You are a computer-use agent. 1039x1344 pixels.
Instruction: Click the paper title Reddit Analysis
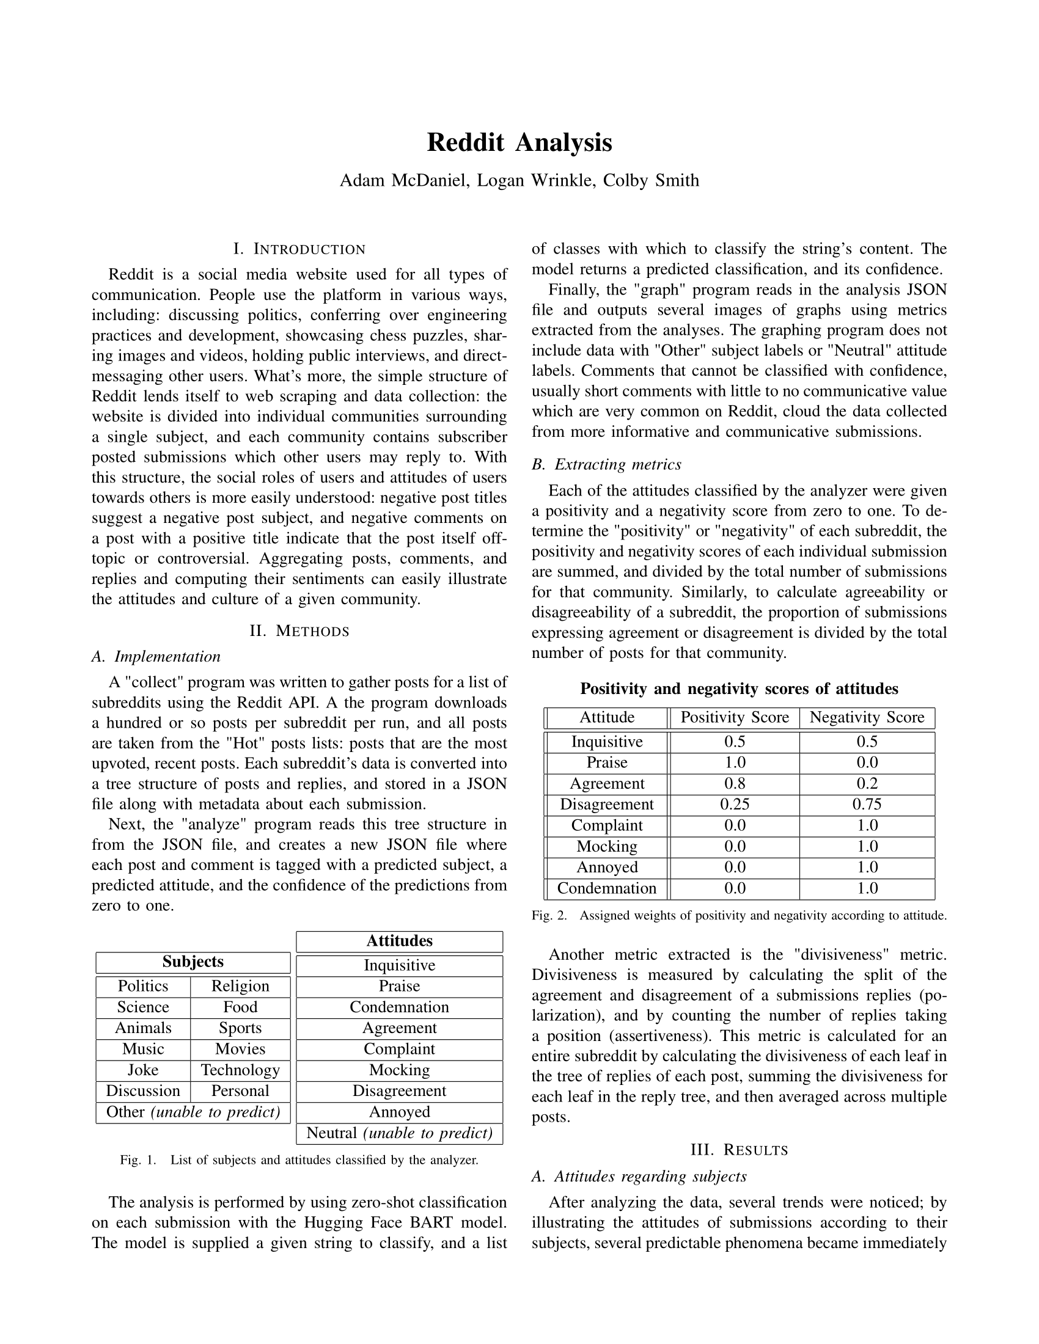pyautogui.click(x=519, y=143)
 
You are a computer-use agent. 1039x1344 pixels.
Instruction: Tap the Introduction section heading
pyautogui.click(x=299, y=249)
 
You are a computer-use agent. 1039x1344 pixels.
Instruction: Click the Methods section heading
pyautogui.click(x=299, y=631)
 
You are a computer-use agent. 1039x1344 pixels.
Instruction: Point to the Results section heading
pyautogui.click(x=740, y=1150)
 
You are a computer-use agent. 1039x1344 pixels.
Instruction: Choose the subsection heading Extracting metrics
pyautogui.click(x=606, y=465)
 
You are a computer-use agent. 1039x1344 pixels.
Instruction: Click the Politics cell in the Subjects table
pyautogui.click(x=143, y=987)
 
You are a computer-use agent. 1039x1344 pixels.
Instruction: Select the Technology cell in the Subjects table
pyautogui.click(x=240, y=1070)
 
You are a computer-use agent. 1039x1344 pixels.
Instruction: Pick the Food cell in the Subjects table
pyautogui.click(x=240, y=1007)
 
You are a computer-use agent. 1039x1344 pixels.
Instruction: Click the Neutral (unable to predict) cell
pyautogui.click(x=400, y=1133)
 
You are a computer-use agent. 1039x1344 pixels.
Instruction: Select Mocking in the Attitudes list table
pyautogui.click(x=400, y=1070)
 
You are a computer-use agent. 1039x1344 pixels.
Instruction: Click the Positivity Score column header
pyautogui.click(x=734, y=718)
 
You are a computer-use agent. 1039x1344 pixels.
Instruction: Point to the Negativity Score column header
pyautogui.click(x=867, y=718)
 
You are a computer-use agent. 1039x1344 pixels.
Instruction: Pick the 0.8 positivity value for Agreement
pyautogui.click(x=734, y=784)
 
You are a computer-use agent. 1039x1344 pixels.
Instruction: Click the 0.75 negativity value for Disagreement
pyautogui.click(x=867, y=805)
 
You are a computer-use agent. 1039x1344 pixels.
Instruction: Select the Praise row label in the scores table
pyautogui.click(x=607, y=763)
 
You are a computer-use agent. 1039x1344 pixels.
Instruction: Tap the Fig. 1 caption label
pyautogui.click(x=139, y=1161)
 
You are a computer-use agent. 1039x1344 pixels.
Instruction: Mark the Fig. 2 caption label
pyautogui.click(x=549, y=916)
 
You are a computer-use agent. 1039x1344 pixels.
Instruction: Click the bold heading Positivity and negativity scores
pyautogui.click(x=739, y=689)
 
